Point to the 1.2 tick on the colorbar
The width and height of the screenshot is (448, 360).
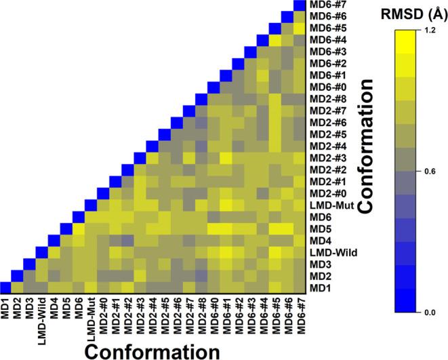(431, 31)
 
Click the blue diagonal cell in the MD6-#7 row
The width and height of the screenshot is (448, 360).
(299, 5)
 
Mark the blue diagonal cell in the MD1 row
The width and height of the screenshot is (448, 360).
(5, 289)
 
